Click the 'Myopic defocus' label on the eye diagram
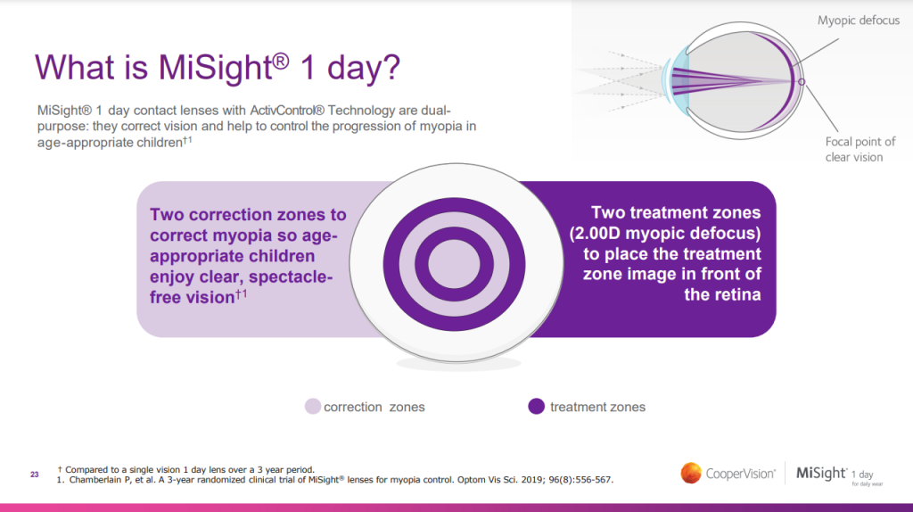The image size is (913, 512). pos(859,21)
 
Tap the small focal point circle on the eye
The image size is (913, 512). pos(801,82)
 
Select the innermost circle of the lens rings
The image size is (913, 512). pos(456,266)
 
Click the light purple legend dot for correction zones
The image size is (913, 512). pos(312,407)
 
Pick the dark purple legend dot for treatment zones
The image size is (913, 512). pos(536,407)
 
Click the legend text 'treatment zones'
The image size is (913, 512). pos(597,407)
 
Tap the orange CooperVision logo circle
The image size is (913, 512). pos(691,472)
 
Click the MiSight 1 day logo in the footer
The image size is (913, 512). pos(834,474)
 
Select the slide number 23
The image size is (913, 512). pos(35,475)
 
